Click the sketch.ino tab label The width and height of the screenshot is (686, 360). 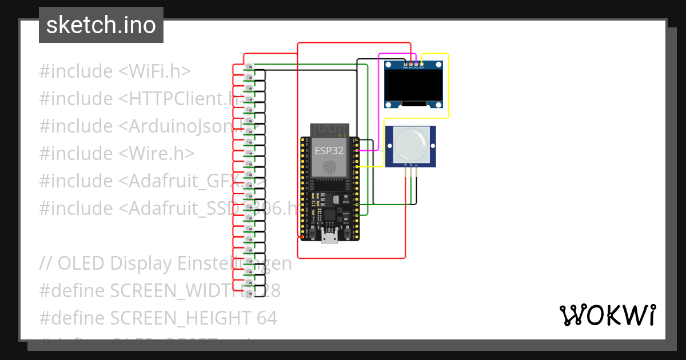(x=101, y=25)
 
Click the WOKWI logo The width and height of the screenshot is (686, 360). (x=607, y=315)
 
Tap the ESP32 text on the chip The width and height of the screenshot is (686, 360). (x=329, y=151)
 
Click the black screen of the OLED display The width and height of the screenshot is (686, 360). (x=414, y=85)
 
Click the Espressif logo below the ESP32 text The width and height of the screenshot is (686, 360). (x=329, y=168)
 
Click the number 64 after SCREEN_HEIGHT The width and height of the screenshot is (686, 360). (x=266, y=318)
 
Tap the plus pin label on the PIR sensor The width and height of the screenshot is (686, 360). (x=405, y=165)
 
